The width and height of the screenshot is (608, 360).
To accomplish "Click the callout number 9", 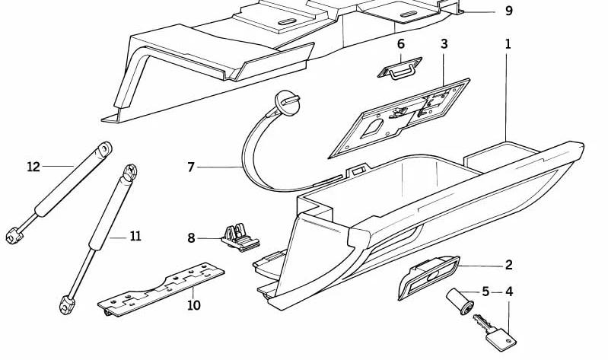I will [509, 11].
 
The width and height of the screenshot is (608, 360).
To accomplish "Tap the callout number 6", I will [401, 44].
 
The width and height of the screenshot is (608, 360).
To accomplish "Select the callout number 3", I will [444, 44].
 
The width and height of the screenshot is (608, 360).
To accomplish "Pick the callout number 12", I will [33, 166].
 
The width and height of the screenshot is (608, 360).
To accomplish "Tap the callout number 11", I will [135, 237].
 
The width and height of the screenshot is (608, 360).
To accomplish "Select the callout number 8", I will [192, 238].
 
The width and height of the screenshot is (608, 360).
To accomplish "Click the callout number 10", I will [194, 305].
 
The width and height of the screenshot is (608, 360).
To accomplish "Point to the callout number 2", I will [508, 265].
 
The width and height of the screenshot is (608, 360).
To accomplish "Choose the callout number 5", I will [485, 291].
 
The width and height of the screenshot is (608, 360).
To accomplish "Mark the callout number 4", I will [508, 291].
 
